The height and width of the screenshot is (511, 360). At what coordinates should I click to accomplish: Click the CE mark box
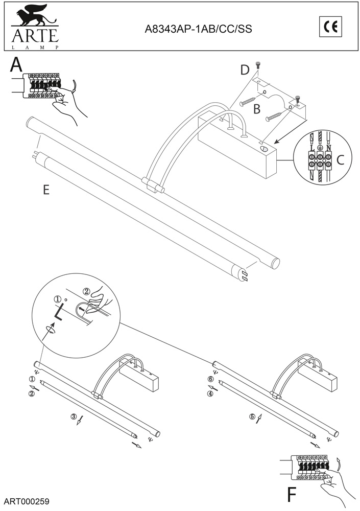pos(330,27)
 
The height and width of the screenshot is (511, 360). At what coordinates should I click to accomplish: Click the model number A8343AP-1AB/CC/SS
pos(198,29)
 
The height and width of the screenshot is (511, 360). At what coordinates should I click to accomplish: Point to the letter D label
pos(245,69)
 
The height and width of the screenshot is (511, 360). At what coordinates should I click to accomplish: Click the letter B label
pos(257,109)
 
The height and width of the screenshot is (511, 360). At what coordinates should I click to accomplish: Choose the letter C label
pos(340,160)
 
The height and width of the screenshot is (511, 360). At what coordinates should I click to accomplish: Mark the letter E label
pos(46,190)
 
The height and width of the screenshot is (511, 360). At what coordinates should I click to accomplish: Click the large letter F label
pos(292,495)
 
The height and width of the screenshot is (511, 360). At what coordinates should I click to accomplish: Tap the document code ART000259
pos(27,501)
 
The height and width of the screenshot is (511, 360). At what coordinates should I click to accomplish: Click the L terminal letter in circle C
pos(313,148)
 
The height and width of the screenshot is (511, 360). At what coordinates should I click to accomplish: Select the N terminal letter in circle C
pos(328,148)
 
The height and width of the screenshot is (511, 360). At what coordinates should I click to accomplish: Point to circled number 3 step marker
pos(74,416)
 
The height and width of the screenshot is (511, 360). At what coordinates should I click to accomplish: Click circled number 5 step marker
pos(252,416)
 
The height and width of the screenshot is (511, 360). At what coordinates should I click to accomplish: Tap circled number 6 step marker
pos(210,379)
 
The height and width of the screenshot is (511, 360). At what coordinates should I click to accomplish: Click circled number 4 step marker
pos(210,393)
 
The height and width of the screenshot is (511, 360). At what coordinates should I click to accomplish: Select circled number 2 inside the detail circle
pos(87,292)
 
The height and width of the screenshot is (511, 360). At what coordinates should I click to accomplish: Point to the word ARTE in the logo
pos(35,36)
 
